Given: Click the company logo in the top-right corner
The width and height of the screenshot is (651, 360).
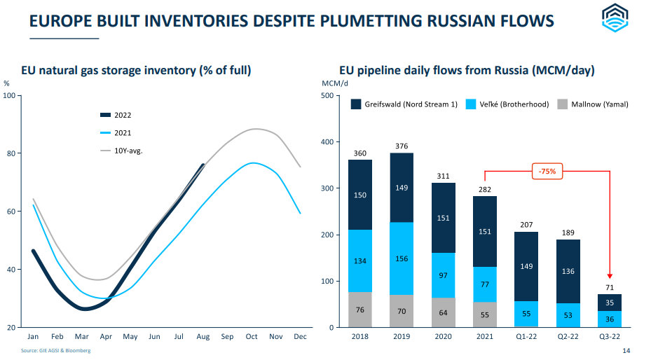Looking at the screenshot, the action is [615, 18].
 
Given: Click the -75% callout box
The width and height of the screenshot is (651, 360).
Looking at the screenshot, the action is [547, 172].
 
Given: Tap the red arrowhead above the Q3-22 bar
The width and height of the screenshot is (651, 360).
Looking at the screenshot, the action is [610, 276].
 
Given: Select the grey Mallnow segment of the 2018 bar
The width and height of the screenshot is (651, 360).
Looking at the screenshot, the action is [360, 310].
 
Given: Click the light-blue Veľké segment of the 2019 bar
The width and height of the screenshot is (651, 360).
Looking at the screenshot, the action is [402, 258].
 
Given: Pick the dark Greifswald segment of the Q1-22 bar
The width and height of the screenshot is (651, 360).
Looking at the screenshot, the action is [526, 266].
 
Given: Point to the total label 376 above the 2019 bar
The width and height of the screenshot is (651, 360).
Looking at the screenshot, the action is [402, 146].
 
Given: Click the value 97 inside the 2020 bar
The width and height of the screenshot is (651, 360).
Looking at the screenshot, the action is [443, 275].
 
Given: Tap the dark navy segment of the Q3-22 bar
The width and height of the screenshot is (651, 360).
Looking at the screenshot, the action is [610, 303].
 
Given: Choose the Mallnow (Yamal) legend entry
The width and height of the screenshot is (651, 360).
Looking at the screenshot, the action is [593, 104].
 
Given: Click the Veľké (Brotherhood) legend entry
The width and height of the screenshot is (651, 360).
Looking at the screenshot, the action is [507, 104].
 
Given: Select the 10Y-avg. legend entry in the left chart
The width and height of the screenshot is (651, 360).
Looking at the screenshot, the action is [122, 151].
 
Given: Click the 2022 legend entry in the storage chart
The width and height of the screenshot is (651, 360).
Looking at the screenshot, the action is [116, 115].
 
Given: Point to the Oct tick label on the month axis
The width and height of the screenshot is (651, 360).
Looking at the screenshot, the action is [252, 336].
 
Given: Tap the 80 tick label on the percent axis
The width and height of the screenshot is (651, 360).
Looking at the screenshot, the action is [11, 153].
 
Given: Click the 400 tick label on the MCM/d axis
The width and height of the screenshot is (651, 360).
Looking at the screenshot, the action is [327, 142].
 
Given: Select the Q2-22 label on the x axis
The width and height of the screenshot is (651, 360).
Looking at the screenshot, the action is [568, 336].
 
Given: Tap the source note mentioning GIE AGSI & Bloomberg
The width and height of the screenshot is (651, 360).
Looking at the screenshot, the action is [55, 350].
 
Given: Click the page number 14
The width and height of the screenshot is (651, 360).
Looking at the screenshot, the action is [626, 351].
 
